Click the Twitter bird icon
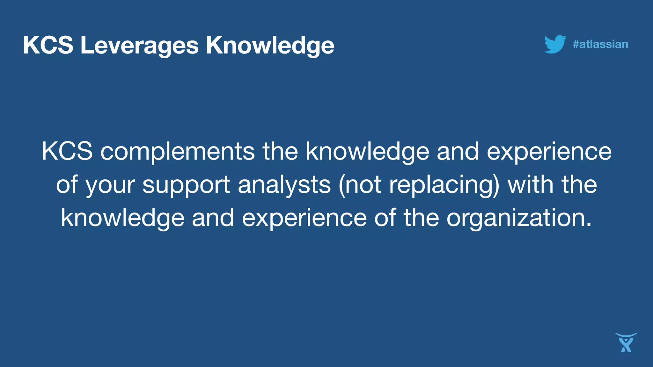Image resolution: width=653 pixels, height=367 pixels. (x=555, y=44)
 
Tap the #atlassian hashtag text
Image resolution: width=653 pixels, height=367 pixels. (x=600, y=44)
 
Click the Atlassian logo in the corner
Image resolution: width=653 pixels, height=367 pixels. (x=626, y=343)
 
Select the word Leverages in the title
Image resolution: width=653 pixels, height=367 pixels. (x=139, y=45)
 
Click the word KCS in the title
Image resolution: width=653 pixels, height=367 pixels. (x=48, y=45)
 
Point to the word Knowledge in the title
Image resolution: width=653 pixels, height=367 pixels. (x=270, y=45)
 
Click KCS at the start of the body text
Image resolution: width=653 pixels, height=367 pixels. (x=67, y=151)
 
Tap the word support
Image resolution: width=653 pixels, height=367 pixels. (x=186, y=185)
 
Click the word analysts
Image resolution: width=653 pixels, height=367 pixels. (x=284, y=185)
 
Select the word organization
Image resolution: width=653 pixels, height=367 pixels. (x=516, y=218)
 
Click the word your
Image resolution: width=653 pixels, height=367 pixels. (x=110, y=185)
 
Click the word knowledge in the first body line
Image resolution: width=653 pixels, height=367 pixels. (x=367, y=151)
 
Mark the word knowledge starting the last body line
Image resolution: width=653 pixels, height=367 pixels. (x=123, y=218)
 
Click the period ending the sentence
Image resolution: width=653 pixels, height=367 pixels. (x=589, y=225)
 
